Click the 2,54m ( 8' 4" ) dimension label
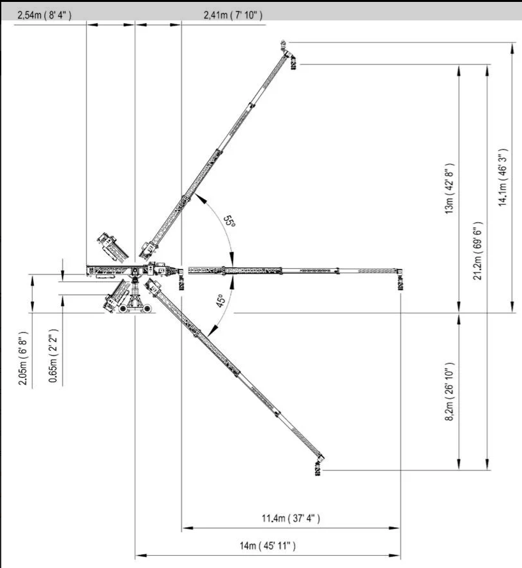pos(44,15)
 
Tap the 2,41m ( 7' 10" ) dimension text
pos(233,15)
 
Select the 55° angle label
pos(229,221)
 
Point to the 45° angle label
pos(220,301)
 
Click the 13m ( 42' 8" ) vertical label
pos(449,189)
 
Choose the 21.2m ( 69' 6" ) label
pos(477,251)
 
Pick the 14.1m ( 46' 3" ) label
pos(502,177)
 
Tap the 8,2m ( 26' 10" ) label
pos(449,391)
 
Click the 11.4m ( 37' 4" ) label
pos(291,518)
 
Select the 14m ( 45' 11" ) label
pos(268,546)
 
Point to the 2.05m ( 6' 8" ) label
pos(23,358)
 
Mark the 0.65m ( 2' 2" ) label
pos(53,355)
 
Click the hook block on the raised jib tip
pos(293,63)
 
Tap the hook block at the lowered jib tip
pos(318,468)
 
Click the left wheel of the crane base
pos(123,309)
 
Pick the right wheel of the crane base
pos(148,309)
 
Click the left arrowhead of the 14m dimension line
pos(141,555)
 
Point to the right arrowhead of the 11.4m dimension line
pos(394,528)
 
